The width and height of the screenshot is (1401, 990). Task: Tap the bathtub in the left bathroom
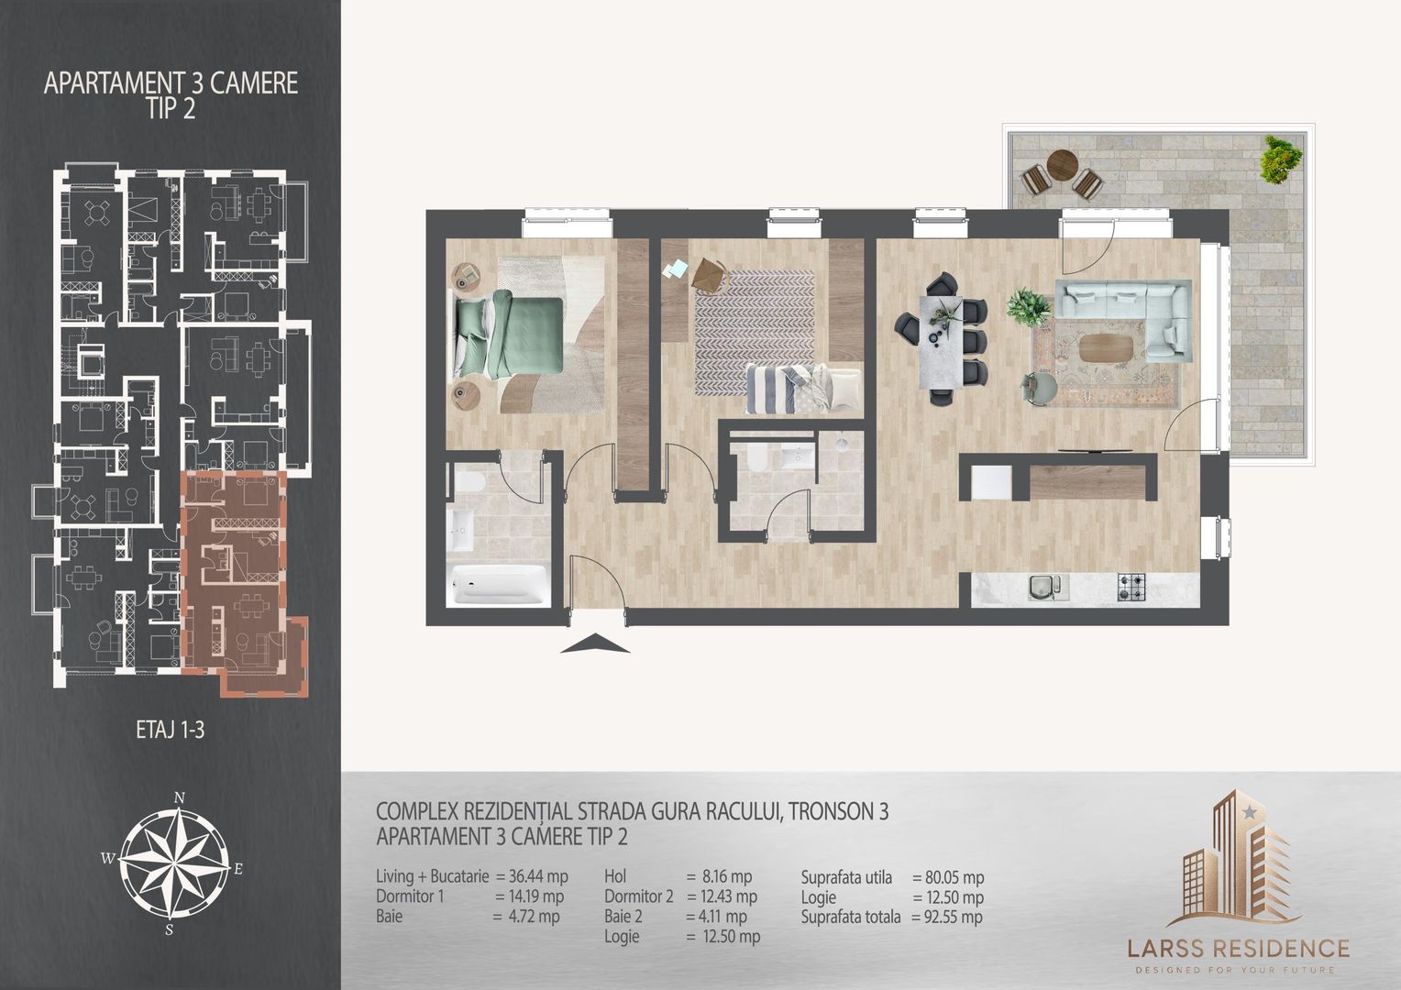click(500, 584)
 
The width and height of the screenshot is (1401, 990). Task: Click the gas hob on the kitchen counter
click(1131, 588)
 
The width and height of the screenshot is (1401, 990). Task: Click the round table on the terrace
click(1062, 165)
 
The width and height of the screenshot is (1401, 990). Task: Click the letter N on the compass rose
click(181, 797)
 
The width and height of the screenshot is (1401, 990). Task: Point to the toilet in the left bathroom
click(466, 484)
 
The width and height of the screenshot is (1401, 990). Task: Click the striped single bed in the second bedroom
click(801, 385)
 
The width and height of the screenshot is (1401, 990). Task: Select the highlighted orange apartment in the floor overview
click(236, 577)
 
